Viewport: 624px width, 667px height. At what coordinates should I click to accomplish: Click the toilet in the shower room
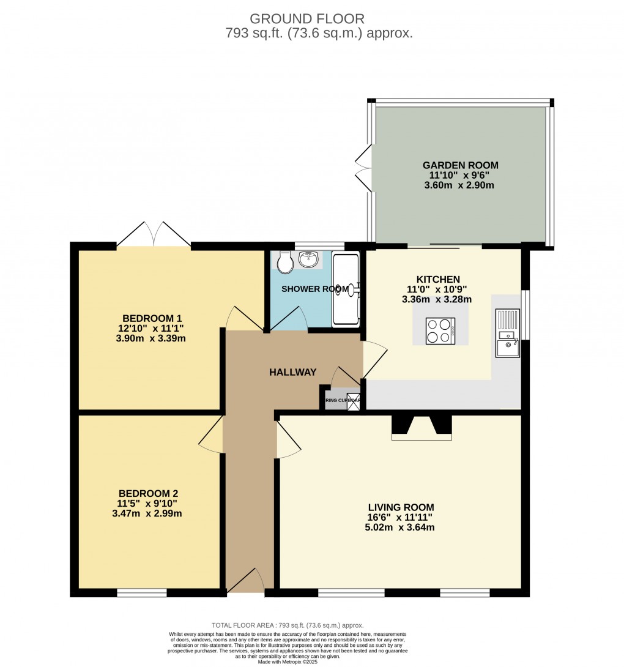coord(284,264)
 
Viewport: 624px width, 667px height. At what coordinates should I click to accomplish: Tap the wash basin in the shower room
coord(309,259)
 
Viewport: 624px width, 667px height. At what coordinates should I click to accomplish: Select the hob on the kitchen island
coord(440,331)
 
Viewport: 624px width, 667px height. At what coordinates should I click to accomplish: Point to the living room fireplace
coord(422,427)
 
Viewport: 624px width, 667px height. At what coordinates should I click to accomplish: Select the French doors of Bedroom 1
coord(154,235)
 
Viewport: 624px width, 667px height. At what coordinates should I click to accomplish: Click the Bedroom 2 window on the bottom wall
coord(142,592)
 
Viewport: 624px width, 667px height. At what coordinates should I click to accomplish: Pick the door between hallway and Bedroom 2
coord(212,434)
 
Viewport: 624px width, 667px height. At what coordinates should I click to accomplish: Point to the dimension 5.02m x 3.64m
coord(401,527)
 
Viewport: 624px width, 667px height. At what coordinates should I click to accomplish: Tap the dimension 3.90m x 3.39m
coord(150,338)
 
